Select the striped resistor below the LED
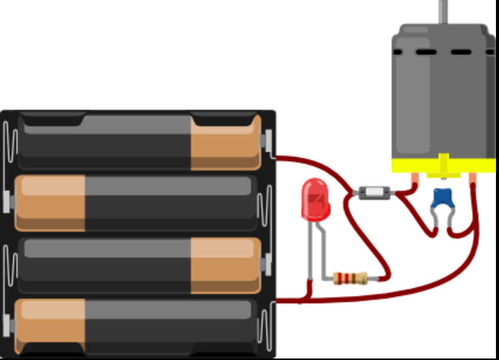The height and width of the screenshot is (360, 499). tap(351, 278)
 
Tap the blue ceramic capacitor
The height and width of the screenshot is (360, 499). tap(443, 197)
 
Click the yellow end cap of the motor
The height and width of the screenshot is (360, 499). tap(443, 165)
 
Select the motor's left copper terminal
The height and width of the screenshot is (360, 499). tap(415, 180)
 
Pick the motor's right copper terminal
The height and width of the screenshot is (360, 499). tap(472, 180)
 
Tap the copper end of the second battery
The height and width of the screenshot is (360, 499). tap(50, 203)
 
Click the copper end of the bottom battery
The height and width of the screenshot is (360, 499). tap(50, 327)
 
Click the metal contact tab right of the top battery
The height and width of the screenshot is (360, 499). tap(269, 141)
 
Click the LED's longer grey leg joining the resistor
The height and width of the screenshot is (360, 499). tap(323, 252)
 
